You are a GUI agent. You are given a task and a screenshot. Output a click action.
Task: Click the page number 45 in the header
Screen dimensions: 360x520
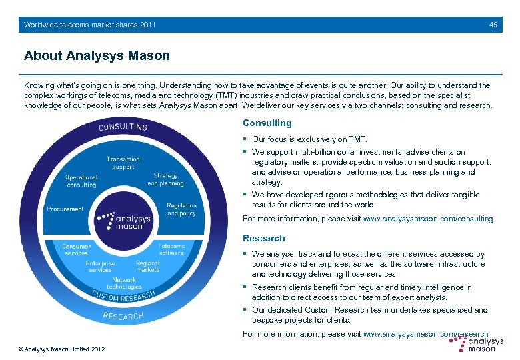coord(493,25)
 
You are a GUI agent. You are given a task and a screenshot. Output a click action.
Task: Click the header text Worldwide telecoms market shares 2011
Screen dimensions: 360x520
coord(89,25)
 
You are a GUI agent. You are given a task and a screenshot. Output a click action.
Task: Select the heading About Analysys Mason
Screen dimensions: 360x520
coord(97,55)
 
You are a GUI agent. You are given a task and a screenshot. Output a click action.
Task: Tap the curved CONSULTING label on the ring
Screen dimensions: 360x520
coord(123,126)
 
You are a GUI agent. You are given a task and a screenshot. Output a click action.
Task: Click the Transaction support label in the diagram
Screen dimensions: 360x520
coord(123,163)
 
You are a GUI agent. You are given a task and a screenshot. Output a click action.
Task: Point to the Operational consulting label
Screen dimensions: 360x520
coord(81,181)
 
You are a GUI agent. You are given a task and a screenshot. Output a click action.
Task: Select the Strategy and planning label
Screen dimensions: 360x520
coord(165,179)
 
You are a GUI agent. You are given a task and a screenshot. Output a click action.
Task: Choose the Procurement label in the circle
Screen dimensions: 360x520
coord(65,209)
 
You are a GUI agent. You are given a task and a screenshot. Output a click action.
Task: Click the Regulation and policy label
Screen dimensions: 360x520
coord(181,209)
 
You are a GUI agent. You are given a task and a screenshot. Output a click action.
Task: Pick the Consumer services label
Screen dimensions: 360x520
coord(76,249)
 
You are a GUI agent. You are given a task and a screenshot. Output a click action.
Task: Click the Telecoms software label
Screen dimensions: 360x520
coord(171,249)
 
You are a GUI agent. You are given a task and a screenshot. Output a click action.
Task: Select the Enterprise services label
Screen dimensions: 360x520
coord(100,267)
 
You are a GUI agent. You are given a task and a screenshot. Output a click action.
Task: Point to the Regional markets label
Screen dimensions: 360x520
coord(147,267)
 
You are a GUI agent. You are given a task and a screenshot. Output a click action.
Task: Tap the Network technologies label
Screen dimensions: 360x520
coord(124,283)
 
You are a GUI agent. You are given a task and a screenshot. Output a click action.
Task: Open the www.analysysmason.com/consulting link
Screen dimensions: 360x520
coord(428,218)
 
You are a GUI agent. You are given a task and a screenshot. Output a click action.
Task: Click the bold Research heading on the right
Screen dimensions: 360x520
coord(263,238)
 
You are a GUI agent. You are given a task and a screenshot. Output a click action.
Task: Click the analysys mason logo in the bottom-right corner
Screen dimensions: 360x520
coord(476,343)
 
